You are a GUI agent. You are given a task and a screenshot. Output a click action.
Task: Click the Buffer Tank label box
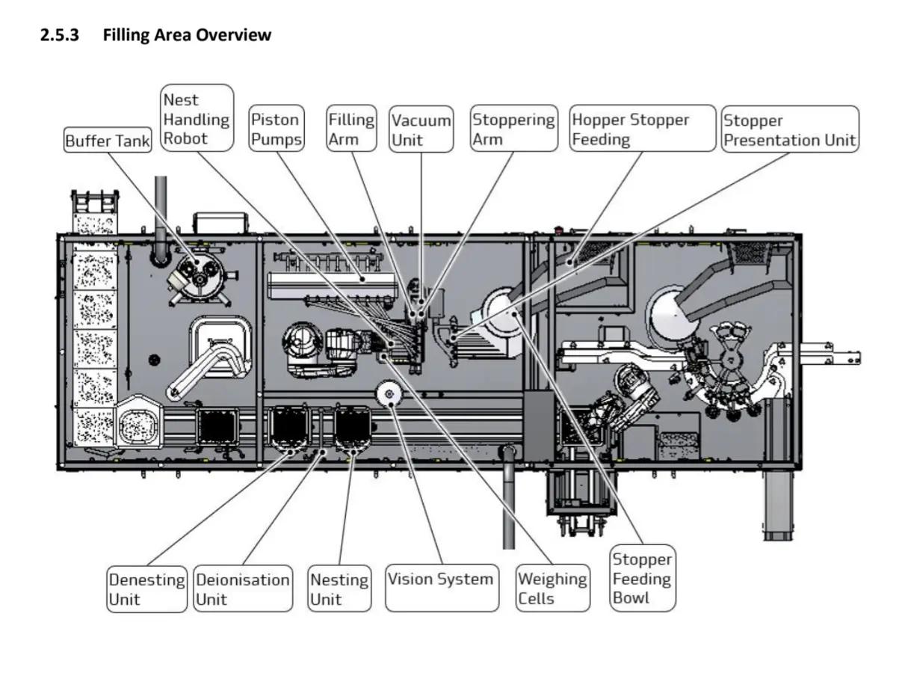pos(108,140)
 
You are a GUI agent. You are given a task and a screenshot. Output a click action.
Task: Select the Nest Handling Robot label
pos(197,118)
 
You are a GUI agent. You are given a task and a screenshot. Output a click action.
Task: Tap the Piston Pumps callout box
pos(277,129)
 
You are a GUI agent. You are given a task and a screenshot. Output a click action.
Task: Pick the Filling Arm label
pos(351,129)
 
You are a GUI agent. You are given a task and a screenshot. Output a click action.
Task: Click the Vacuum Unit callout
pos(421,129)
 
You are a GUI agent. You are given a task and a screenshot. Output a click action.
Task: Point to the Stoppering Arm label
pos(513,129)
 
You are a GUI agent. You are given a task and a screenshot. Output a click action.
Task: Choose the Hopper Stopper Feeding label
pos(643,129)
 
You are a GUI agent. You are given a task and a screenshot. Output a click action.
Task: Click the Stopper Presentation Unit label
pos(790,129)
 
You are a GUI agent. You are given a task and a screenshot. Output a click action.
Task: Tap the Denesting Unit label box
pos(147,589)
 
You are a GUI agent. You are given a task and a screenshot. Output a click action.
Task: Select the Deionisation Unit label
pos(243,589)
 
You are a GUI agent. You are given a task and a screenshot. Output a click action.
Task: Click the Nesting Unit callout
pos(339,589)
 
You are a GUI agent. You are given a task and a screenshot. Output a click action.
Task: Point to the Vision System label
pos(442,588)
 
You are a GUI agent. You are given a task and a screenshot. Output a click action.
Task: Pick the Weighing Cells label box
pos(553,588)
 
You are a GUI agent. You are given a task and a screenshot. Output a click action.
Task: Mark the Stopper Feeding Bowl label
pos(643,578)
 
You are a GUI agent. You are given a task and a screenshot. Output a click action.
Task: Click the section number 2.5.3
pos(60,34)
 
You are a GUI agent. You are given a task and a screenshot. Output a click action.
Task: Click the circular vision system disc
pos(389,394)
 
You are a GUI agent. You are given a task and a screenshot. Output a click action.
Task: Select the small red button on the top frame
pos(558,229)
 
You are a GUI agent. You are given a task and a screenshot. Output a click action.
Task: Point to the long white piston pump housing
pos(331,284)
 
